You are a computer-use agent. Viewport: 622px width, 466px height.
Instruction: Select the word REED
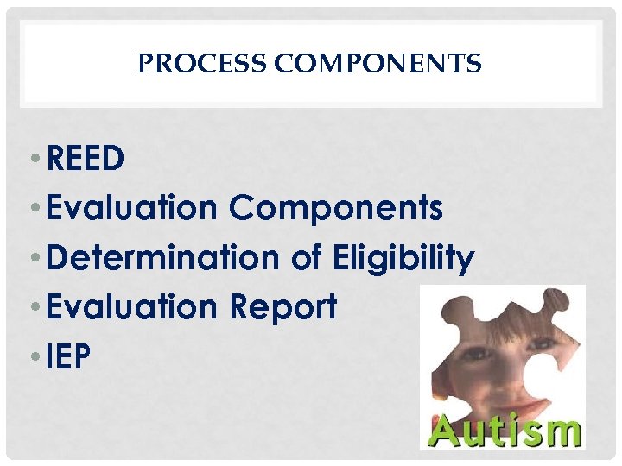click(86, 158)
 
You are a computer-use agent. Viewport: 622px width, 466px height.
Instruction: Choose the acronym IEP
click(69, 356)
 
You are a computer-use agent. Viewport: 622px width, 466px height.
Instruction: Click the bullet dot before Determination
click(39, 259)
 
